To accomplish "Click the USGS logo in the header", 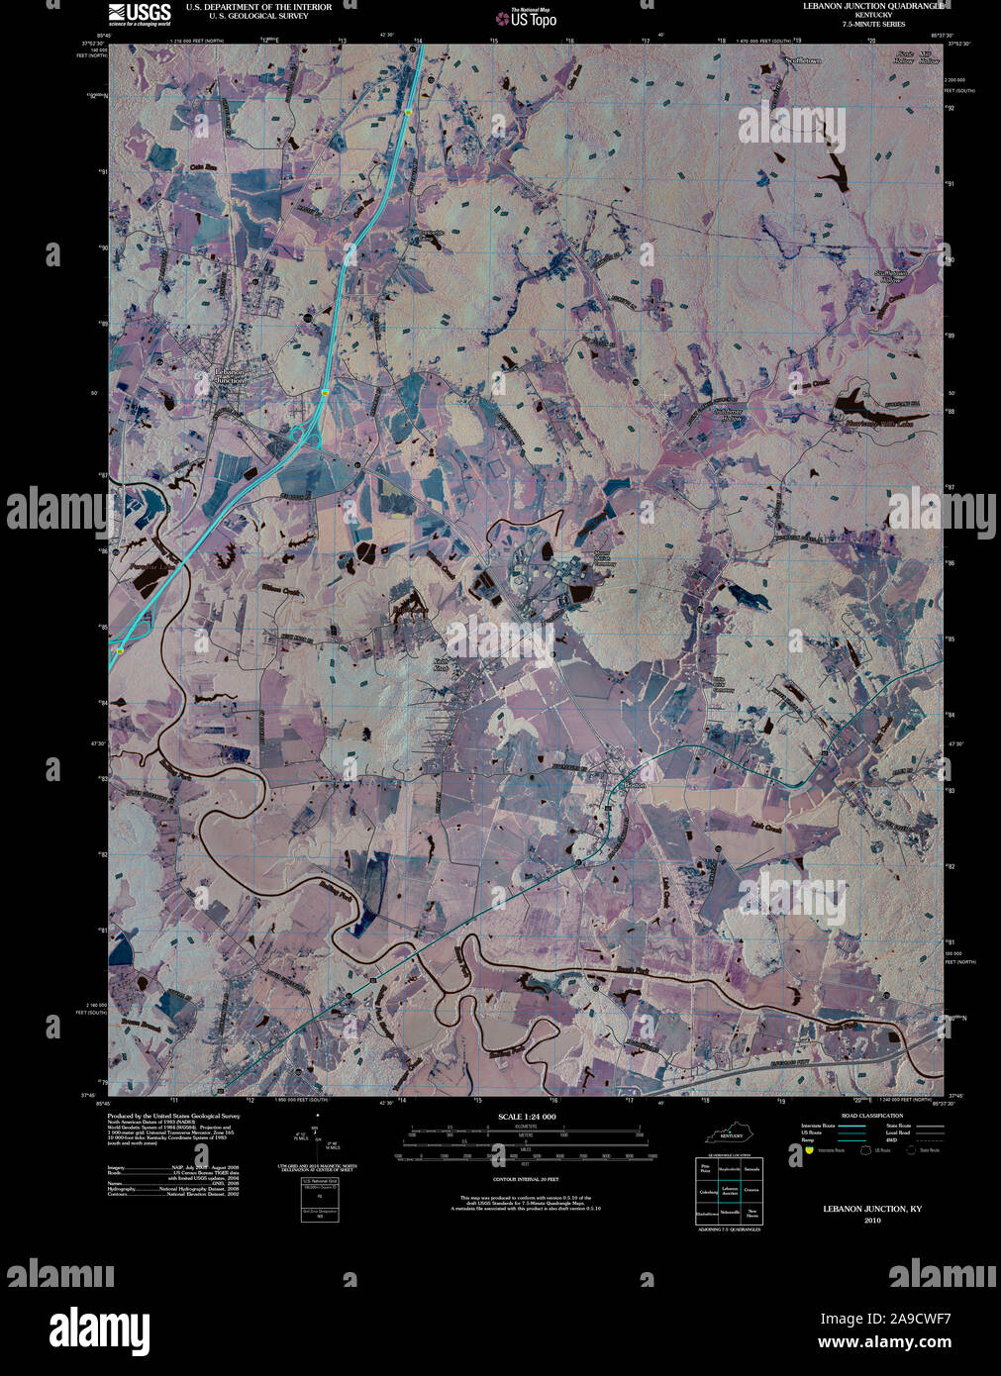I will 139,13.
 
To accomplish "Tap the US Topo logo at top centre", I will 527,17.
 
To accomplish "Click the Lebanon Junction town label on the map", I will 230,376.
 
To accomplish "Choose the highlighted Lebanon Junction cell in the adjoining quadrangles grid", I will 730,1191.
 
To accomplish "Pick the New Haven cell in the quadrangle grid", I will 752,1213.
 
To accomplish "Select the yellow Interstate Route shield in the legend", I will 809,1150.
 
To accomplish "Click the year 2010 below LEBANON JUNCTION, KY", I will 871,1220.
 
